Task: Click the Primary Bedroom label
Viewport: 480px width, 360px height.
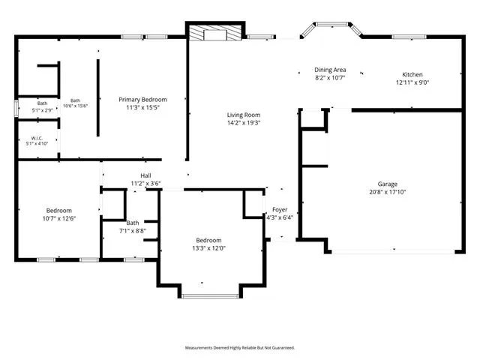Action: pyautogui.click(x=142, y=100)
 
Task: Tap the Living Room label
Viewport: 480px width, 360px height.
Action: pyautogui.click(x=244, y=115)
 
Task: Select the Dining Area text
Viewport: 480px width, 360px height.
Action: pyautogui.click(x=330, y=70)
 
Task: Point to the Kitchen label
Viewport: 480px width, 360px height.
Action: pyautogui.click(x=412, y=74)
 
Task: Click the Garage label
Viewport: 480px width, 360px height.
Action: pyautogui.click(x=388, y=184)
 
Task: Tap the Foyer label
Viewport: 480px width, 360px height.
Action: pyautogui.click(x=280, y=210)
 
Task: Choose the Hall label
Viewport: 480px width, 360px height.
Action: pyautogui.click(x=145, y=175)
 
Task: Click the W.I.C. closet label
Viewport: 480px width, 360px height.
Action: pyautogui.click(x=37, y=138)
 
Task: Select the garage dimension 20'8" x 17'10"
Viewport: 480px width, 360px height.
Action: pyautogui.click(x=388, y=192)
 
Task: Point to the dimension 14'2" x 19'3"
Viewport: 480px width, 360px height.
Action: pyautogui.click(x=244, y=123)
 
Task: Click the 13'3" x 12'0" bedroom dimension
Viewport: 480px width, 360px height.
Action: pyautogui.click(x=208, y=248)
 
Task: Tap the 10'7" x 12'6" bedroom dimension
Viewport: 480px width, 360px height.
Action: pyautogui.click(x=59, y=218)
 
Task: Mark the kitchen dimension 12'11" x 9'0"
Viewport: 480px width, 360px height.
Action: pyautogui.click(x=412, y=82)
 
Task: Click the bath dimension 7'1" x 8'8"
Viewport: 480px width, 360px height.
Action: pyautogui.click(x=133, y=231)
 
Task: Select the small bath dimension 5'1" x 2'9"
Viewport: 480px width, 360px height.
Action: pyautogui.click(x=43, y=110)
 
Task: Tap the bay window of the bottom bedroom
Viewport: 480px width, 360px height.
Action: pyautogui.click(x=210, y=296)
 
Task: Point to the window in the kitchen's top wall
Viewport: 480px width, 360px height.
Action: pyautogui.click(x=409, y=37)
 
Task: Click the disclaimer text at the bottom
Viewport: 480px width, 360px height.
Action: pyautogui.click(x=240, y=348)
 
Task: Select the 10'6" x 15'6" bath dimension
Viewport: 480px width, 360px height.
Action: pyautogui.click(x=75, y=106)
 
